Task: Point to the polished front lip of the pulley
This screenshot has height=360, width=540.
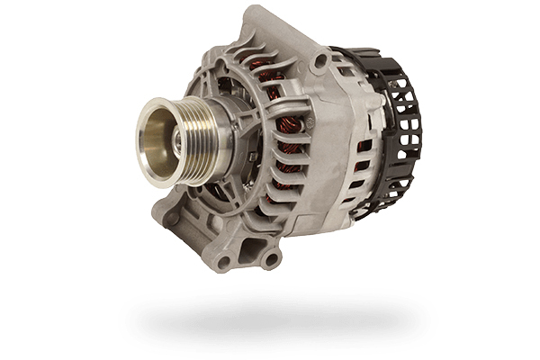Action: [x=144, y=148]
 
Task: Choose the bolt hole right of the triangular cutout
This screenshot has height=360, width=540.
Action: [x=268, y=260]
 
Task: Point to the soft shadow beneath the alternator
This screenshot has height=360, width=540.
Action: [x=270, y=315]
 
